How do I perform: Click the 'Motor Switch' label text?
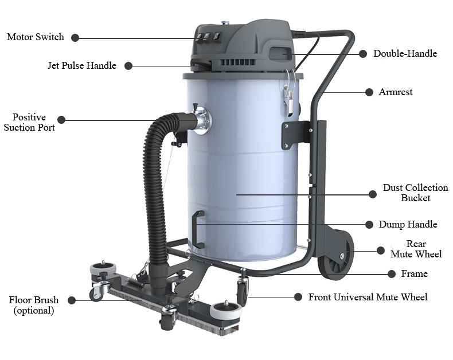click(35, 37)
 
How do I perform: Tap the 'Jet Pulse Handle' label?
click(82, 65)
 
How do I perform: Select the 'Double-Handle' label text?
click(405, 53)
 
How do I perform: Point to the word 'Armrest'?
click(396, 92)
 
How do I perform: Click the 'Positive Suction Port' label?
click(29, 122)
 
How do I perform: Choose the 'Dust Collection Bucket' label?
click(416, 193)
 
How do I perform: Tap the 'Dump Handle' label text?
click(408, 225)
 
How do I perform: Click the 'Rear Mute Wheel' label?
click(416, 249)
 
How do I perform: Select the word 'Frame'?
click(414, 273)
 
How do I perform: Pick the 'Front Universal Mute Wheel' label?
click(368, 297)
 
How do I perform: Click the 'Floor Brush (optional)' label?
click(34, 305)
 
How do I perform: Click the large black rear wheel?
click(336, 255)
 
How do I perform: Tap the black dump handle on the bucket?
click(198, 229)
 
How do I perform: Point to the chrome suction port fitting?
click(202, 120)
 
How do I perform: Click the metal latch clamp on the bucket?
click(290, 92)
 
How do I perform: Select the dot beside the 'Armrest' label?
click(369, 92)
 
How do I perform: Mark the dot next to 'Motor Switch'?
click(75, 38)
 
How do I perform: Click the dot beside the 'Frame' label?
click(392, 274)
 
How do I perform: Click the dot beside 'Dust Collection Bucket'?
click(373, 194)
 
